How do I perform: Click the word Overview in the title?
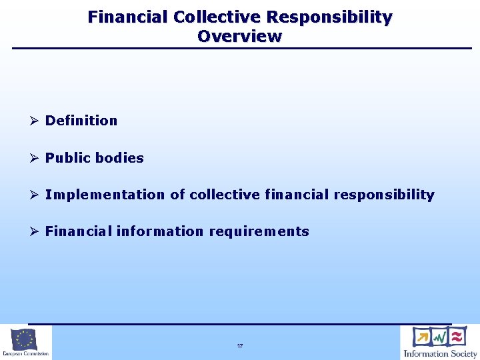[239, 36]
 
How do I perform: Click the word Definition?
[81, 121]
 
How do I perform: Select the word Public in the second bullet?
[67, 158]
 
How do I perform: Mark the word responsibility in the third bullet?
[384, 195]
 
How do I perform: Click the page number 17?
[239, 347]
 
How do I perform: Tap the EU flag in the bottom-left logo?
[25, 339]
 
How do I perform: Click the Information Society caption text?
[440, 353]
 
